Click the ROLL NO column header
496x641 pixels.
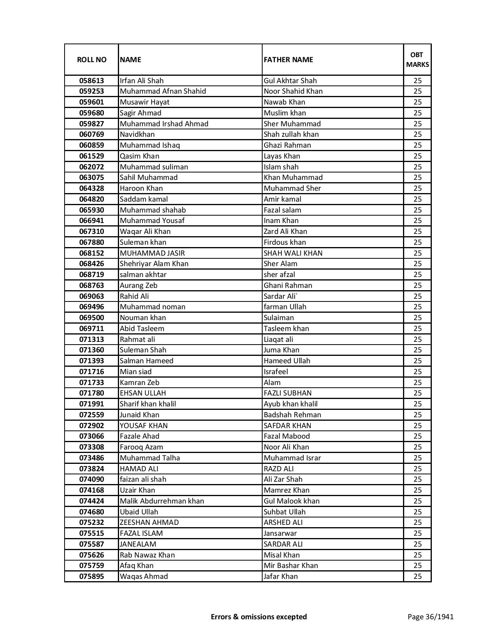[91, 59]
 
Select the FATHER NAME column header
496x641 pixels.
[288, 59]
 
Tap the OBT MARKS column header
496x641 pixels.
[417, 59]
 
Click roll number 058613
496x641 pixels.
[91, 81]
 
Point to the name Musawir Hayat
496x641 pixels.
[144, 102]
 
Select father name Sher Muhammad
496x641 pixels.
[292, 124]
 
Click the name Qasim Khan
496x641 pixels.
[139, 156]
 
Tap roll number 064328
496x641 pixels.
[91, 188]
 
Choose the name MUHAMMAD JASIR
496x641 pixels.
[152, 253]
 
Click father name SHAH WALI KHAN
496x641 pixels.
[293, 253]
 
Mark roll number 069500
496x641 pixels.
[91, 318]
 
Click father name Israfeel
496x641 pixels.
[276, 372]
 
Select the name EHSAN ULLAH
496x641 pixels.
[143, 393]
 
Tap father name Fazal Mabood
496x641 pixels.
[287, 436]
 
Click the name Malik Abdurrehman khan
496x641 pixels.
[162, 501]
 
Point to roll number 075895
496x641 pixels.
[91, 577]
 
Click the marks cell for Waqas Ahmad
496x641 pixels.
[417, 577]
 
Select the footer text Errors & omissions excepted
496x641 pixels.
[259, 617]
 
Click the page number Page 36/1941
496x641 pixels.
[430, 617]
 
